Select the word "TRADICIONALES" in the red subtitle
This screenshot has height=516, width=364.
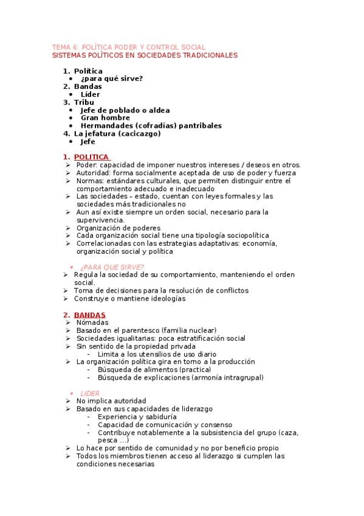207,55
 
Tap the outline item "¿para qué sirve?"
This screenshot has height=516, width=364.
112,79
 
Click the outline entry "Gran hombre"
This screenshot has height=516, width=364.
105,118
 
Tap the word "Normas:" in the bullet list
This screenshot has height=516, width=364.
90,181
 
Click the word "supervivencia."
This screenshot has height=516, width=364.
100,220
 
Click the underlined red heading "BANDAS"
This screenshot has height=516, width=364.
90,315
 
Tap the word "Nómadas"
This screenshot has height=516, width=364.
92,322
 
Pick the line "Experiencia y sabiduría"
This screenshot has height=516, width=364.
137,417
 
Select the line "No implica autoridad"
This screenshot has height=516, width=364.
111,401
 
